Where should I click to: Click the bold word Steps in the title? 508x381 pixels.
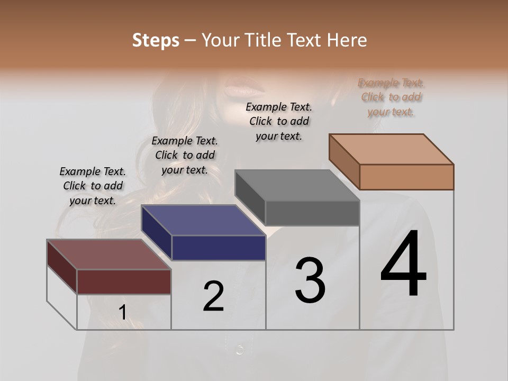point(156,40)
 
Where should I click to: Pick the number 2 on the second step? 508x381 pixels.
point(213,296)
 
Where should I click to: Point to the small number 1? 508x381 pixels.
point(122,313)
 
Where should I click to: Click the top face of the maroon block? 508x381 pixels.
point(108,255)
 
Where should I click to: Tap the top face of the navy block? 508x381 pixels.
point(203,220)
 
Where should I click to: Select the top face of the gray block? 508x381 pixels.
point(297,185)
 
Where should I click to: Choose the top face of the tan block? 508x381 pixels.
point(391,149)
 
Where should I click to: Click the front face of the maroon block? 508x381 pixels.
point(124,282)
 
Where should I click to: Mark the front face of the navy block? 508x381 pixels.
point(219,248)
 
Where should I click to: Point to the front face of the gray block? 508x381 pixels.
point(312,213)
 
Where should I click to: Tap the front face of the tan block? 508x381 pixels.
point(406,177)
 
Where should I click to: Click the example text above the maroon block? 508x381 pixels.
point(93,186)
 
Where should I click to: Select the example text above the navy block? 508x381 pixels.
point(185,155)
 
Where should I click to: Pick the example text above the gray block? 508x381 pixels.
point(279,121)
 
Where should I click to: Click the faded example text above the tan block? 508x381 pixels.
point(391,97)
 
